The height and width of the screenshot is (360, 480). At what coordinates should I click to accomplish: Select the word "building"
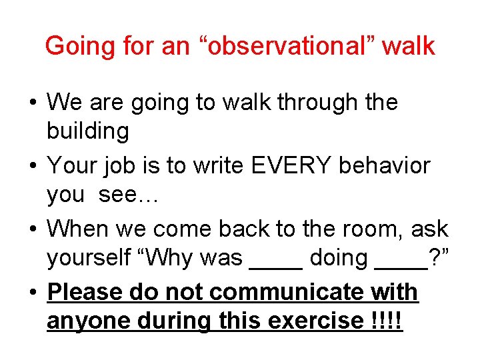(x=87, y=131)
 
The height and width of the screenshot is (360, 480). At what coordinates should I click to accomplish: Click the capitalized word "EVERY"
(x=288, y=165)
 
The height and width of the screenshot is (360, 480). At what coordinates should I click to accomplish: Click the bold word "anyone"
(x=89, y=321)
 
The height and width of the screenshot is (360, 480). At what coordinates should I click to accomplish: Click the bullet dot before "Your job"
(x=33, y=166)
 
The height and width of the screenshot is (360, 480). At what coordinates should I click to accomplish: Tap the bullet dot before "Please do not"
(x=33, y=293)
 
